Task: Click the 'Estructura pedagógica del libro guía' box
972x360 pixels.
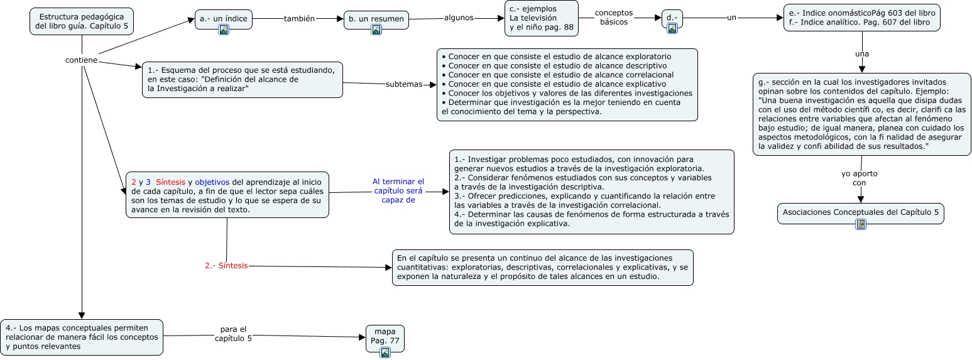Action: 82,21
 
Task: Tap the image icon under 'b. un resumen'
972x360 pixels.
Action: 376,30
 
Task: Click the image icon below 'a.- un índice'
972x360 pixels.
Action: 223,30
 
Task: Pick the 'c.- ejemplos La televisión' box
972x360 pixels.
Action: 542,18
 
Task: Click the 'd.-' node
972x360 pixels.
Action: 672,17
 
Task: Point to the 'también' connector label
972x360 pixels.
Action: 299,19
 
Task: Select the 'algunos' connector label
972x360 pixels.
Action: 459,18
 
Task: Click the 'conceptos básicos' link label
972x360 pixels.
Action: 614,18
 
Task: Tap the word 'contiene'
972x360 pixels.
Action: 82,60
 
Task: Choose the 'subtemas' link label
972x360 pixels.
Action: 404,84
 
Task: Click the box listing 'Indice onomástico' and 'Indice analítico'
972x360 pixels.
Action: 861,18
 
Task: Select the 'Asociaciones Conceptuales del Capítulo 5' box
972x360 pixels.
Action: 861,213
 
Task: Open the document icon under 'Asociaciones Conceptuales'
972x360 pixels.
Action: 861,224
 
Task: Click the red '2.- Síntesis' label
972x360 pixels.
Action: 226,266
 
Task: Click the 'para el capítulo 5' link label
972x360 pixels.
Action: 233,334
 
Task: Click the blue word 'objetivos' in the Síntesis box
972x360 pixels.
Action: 212,182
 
